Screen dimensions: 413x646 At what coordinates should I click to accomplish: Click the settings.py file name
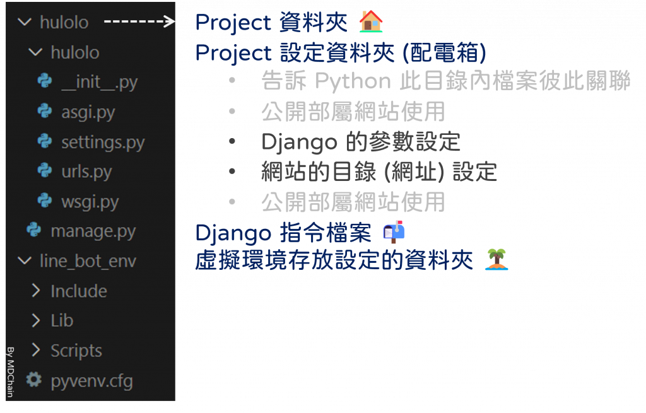[x=103, y=143]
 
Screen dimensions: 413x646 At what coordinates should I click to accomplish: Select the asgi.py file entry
[x=88, y=112]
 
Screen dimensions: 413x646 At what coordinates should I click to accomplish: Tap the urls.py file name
[x=86, y=172]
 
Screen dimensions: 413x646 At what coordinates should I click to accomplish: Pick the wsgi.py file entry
[x=90, y=202]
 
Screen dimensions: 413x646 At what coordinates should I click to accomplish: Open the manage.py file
[x=93, y=231]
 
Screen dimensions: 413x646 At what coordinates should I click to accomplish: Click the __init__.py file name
[x=99, y=83]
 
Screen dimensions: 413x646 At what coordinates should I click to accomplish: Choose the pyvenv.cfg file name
[x=91, y=381]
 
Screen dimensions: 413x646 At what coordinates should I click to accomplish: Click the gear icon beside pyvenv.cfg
[x=33, y=380]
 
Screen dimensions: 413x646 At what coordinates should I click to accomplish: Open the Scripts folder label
[x=76, y=351]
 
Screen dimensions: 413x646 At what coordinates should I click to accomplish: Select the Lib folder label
[x=62, y=321]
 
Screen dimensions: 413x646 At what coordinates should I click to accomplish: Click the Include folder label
[x=79, y=291]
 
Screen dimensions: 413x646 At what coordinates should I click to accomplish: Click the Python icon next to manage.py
[x=33, y=231]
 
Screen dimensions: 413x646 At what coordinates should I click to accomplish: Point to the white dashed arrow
[x=139, y=22]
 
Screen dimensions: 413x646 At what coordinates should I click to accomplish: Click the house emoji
[x=371, y=22]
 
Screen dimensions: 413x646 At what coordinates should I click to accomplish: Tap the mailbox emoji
[x=394, y=233]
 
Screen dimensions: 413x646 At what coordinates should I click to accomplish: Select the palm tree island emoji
[x=497, y=259]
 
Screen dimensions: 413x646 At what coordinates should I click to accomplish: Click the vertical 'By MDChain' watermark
[x=11, y=372]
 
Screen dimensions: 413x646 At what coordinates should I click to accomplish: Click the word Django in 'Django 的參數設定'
[x=299, y=143]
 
